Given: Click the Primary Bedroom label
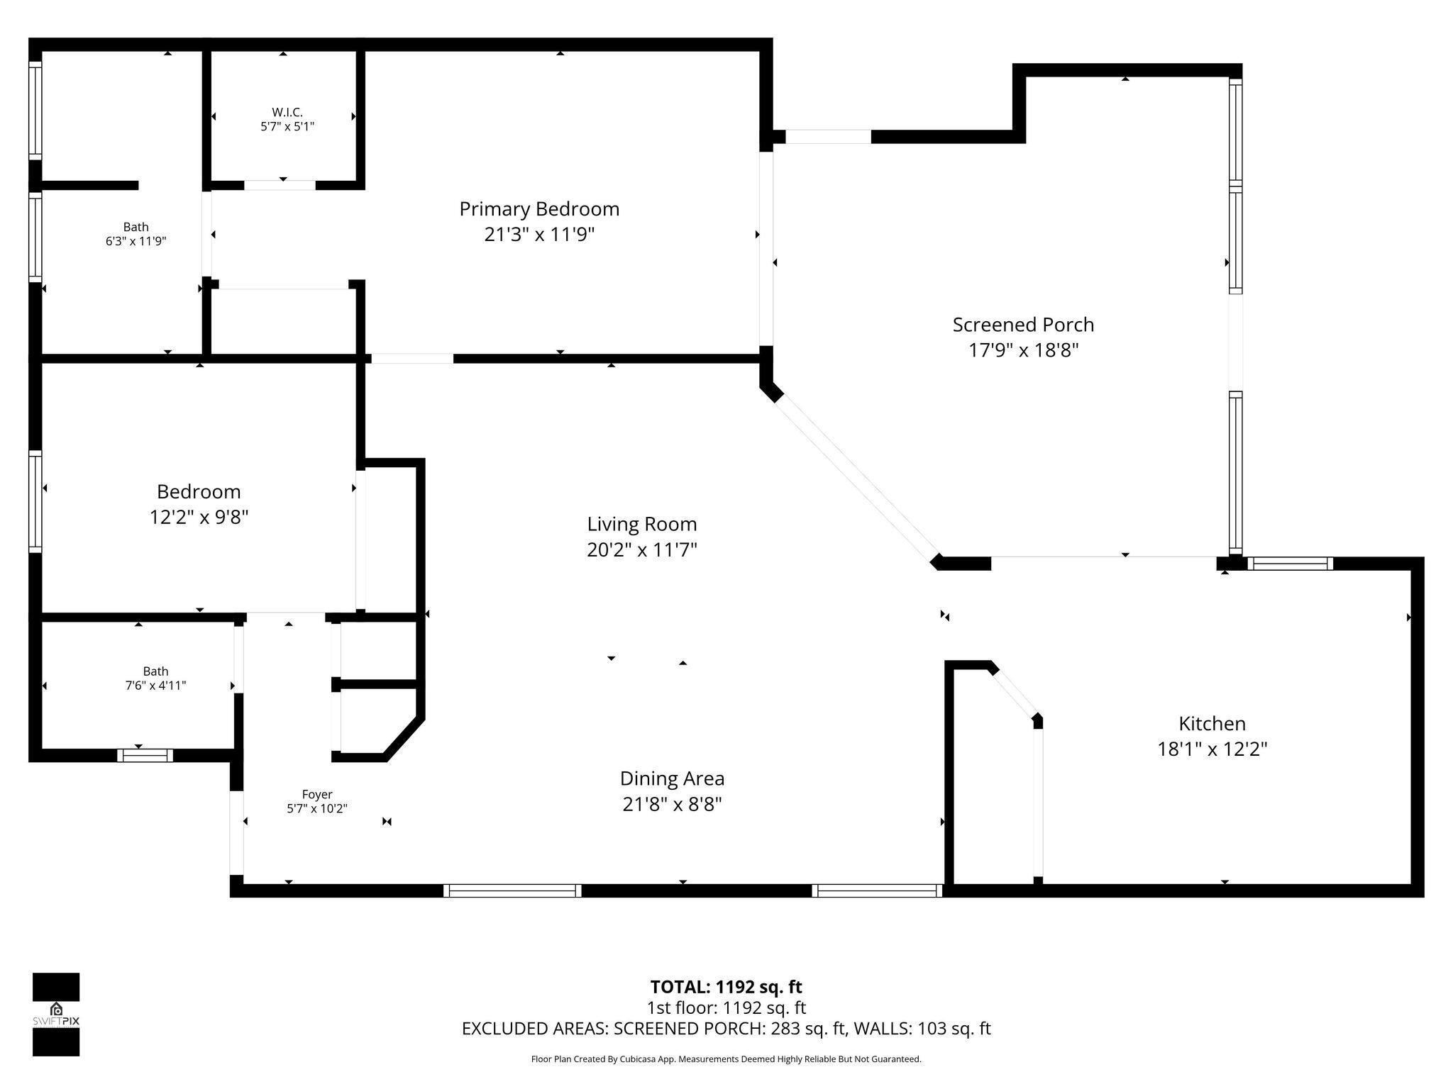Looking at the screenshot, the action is [x=539, y=209].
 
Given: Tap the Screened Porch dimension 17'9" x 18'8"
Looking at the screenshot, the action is [x=1024, y=350].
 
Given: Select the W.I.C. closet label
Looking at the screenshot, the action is [x=287, y=112].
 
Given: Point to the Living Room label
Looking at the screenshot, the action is [x=642, y=524].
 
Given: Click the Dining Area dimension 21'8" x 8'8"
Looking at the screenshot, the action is [x=673, y=804].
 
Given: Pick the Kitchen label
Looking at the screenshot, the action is [x=1212, y=723].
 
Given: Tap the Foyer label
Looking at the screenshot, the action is [x=317, y=795].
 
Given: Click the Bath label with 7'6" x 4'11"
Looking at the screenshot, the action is [x=156, y=671].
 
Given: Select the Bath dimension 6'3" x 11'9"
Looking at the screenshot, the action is [x=136, y=241].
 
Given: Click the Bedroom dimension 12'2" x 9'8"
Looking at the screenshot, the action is [x=199, y=517].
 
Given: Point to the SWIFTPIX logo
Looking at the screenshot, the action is [x=56, y=1015].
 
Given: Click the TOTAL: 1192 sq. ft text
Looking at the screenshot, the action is [x=726, y=987].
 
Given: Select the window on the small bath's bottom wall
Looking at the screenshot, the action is [x=145, y=755].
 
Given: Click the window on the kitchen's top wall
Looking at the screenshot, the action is [x=1291, y=564].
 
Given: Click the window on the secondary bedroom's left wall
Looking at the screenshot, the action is [x=35, y=501].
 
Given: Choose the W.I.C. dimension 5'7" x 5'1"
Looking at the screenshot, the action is [x=287, y=126].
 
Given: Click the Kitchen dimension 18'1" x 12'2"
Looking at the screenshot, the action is [x=1212, y=749].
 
